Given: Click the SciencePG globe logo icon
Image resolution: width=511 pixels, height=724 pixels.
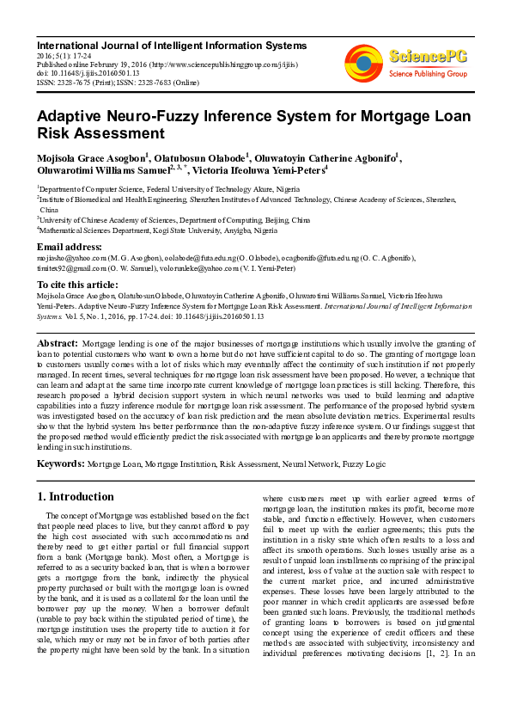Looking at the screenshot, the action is pos(363,63).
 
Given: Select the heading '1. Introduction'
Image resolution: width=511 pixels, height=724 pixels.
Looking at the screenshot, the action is pos(76,496).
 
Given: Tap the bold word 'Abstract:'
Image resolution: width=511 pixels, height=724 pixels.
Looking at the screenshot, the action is pos(58,343).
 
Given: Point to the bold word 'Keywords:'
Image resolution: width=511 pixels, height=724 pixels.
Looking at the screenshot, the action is pos(59,463).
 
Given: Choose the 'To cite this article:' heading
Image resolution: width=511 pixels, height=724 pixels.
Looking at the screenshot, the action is pos(77,284).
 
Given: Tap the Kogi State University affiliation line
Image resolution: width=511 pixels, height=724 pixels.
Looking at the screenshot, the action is pos(159,231).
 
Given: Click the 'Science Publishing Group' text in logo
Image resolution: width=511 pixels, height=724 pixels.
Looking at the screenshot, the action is pos(427,74).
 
